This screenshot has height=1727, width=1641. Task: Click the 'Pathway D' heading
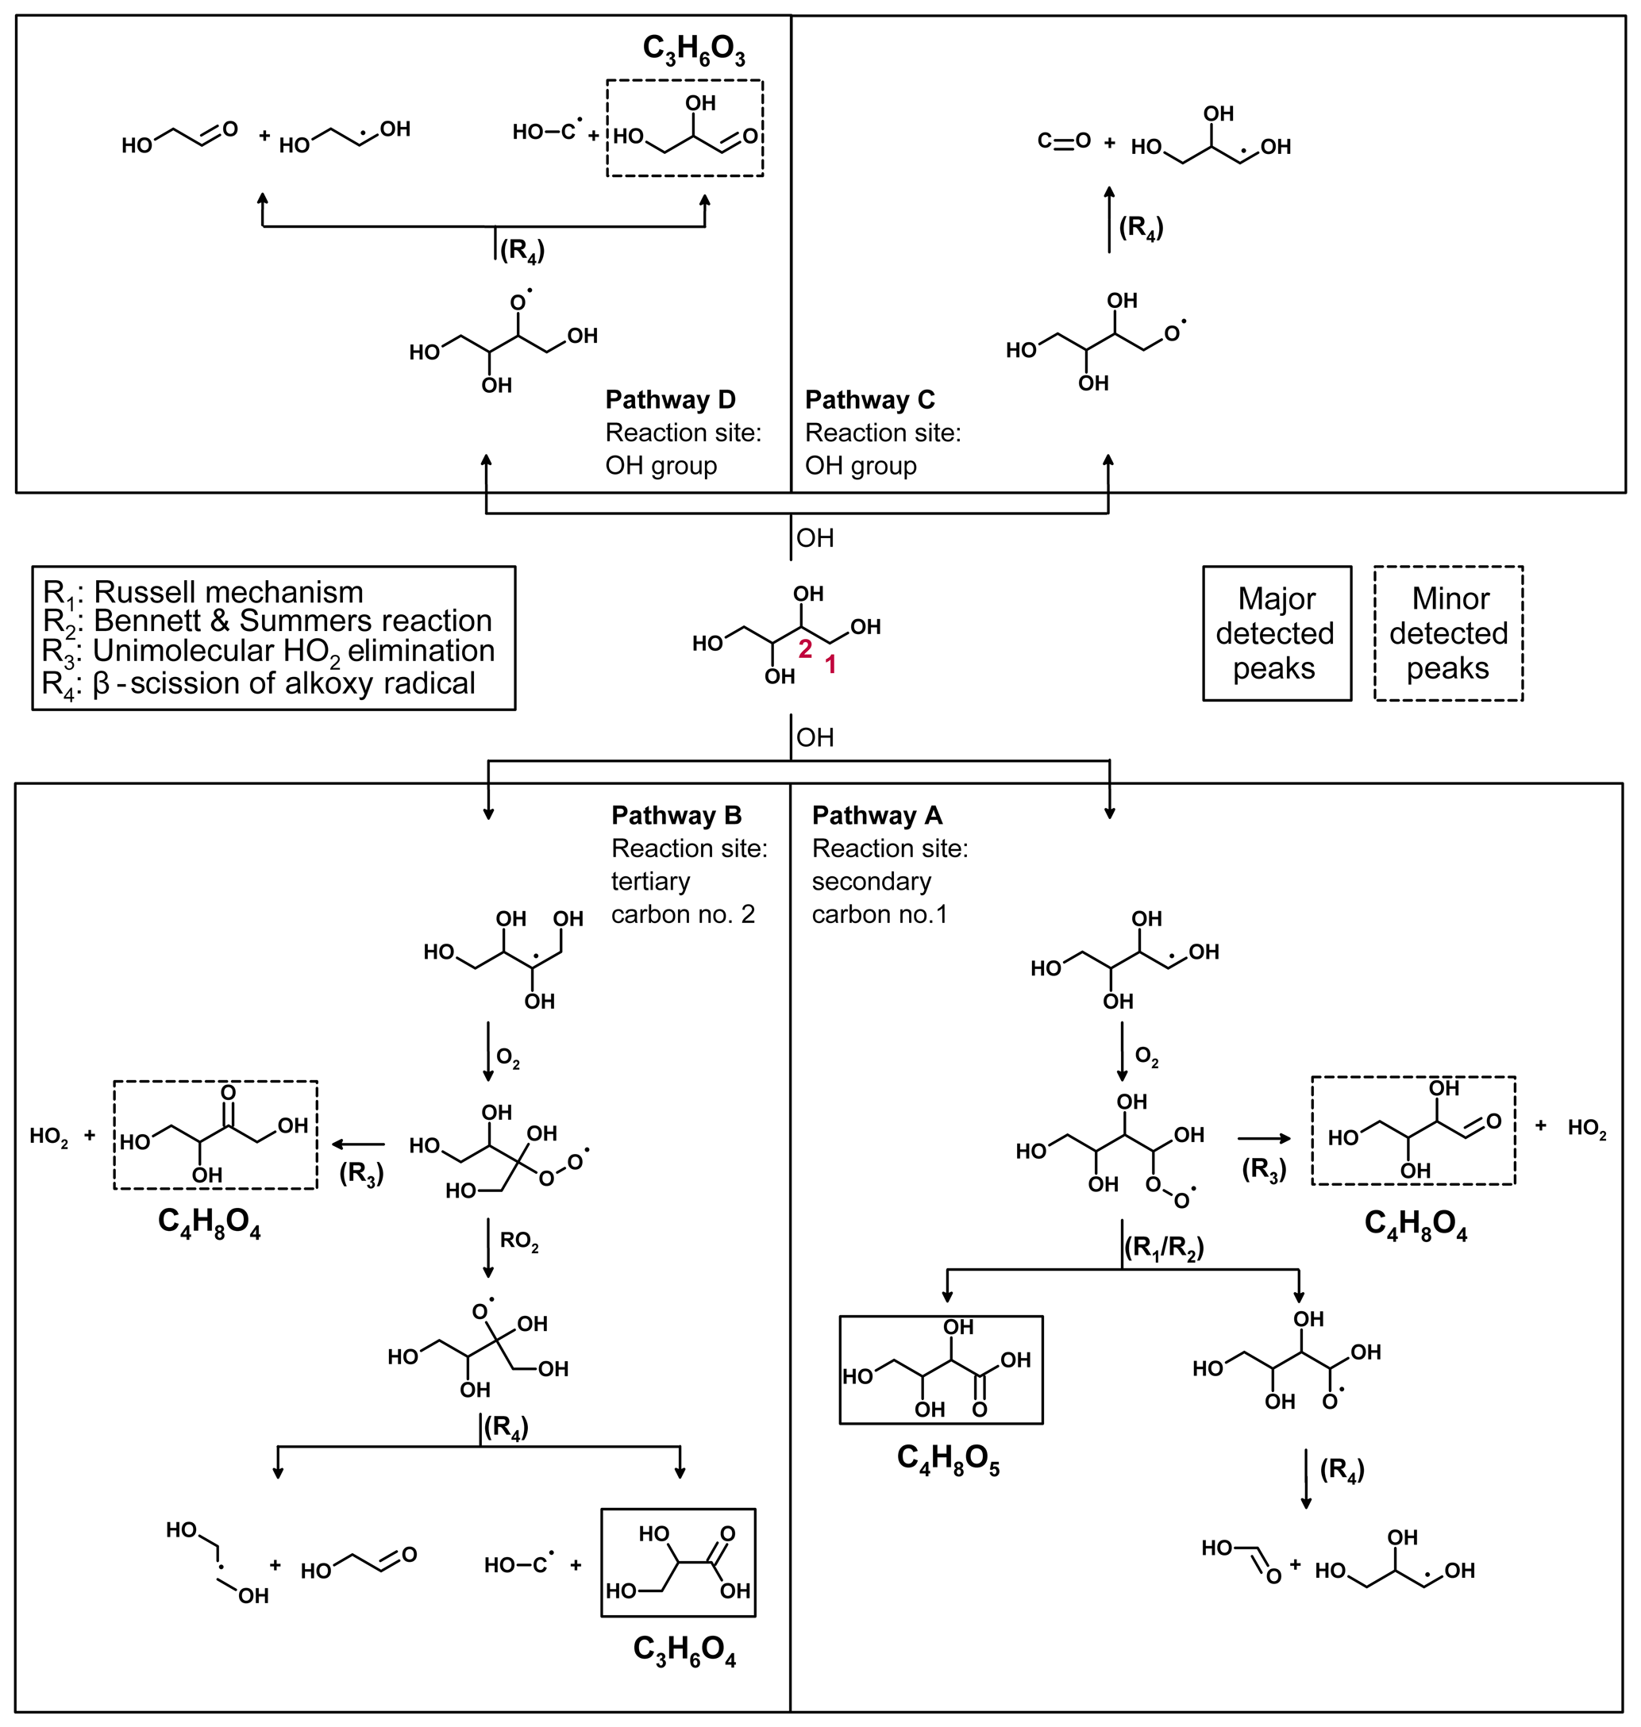(x=670, y=400)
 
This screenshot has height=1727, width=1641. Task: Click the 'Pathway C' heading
(x=869, y=400)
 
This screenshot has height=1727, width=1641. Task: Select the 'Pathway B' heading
(x=676, y=815)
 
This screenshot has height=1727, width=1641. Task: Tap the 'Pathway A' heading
(x=876, y=815)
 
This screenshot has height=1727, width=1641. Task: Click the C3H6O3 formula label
(x=694, y=49)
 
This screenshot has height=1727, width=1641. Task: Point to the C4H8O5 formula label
(x=948, y=1459)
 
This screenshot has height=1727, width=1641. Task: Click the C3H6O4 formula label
(x=684, y=1650)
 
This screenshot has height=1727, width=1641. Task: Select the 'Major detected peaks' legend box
(x=1277, y=633)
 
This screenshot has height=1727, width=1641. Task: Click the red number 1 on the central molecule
(x=830, y=664)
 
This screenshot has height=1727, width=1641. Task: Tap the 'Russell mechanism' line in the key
(x=203, y=592)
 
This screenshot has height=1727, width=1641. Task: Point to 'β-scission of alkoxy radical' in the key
(x=259, y=683)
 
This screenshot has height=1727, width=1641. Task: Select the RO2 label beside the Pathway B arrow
(x=518, y=1240)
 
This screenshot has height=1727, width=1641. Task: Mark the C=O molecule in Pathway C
(x=1064, y=140)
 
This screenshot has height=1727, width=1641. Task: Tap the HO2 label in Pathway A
(x=1587, y=1128)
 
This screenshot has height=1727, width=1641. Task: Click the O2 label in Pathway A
(x=1146, y=1057)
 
